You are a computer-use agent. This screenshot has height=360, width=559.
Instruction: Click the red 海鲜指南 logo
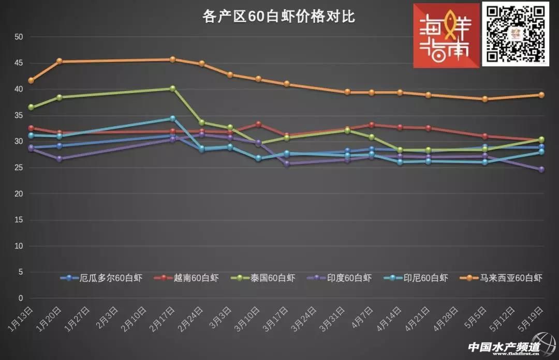(x=446, y=35)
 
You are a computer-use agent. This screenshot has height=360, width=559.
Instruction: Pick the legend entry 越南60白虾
(x=186, y=278)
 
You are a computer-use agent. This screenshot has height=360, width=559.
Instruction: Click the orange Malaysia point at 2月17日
(x=173, y=59)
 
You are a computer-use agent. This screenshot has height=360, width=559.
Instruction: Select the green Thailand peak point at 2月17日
(x=173, y=88)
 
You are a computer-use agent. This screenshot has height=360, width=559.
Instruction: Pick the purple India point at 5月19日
(x=541, y=169)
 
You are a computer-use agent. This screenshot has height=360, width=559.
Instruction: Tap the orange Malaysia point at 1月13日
(x=31, y=80)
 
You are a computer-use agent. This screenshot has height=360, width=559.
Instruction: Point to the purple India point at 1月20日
(x=60, y=159)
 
